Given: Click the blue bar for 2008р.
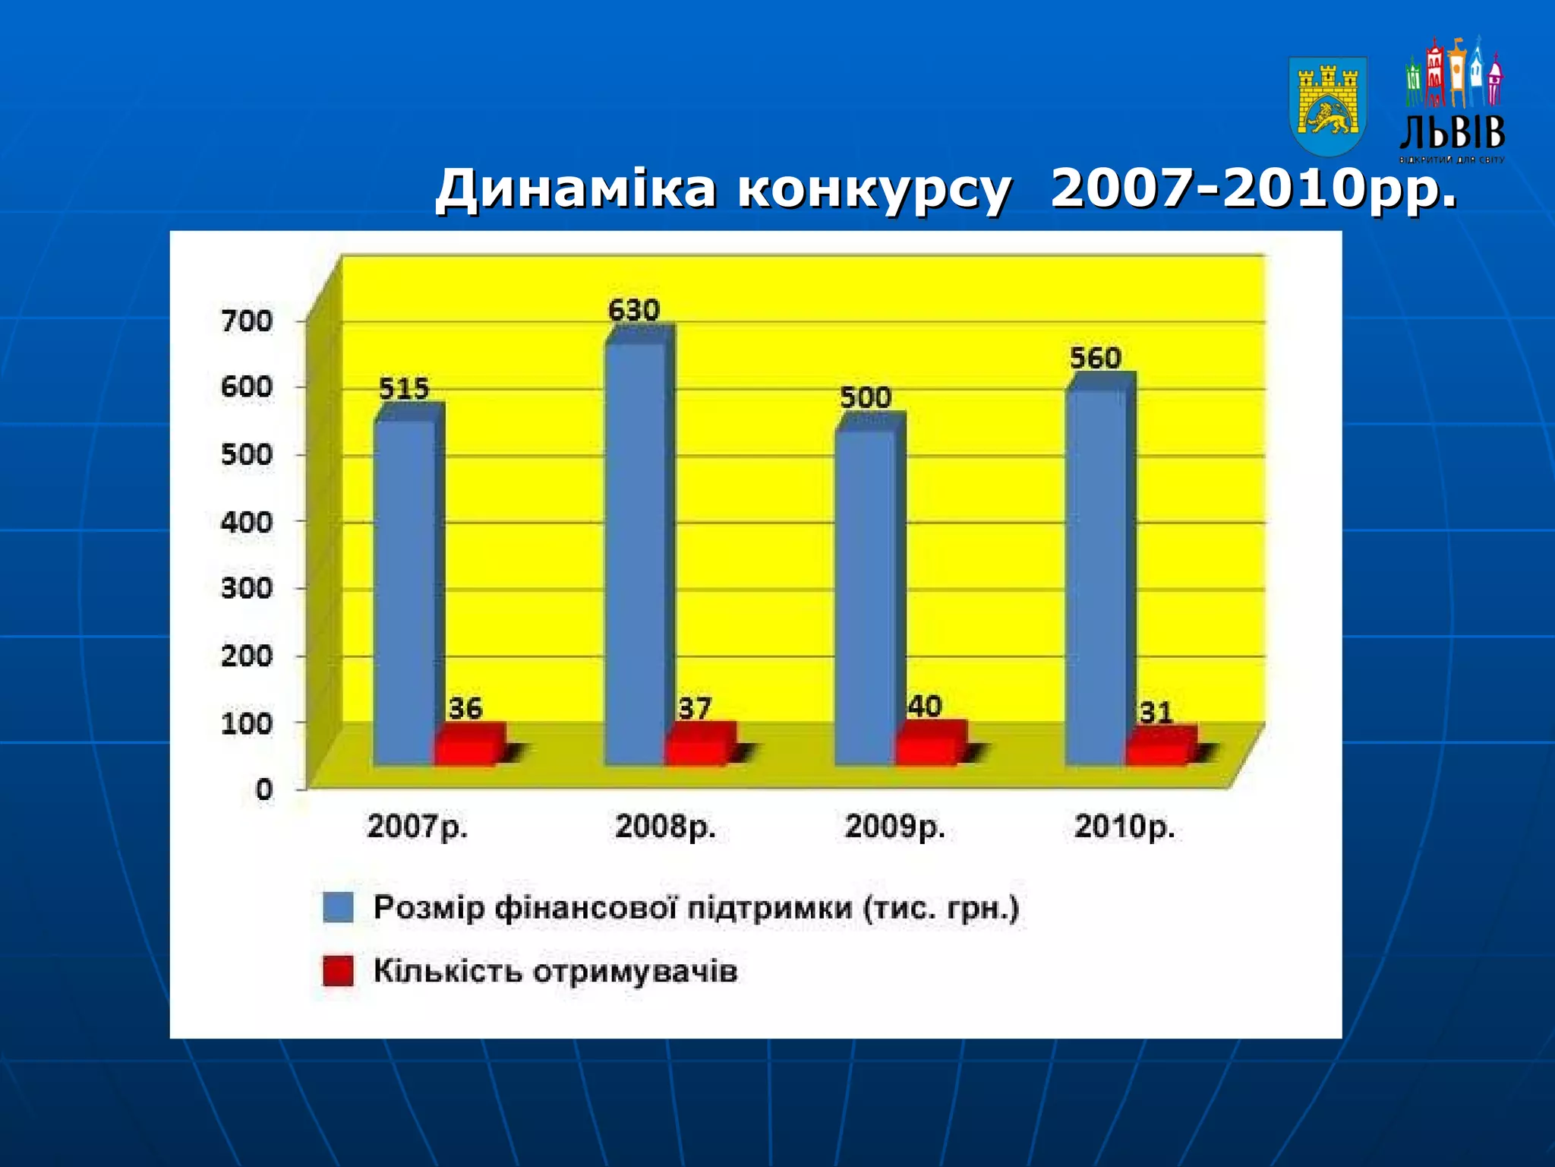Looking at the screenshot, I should coord(635,555).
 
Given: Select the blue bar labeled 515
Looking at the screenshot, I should coord(405,593).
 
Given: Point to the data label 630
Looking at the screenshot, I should coord(633,310).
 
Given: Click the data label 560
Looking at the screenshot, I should coord(1095,358).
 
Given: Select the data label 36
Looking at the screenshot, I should coord(465,708).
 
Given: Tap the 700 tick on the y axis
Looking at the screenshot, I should coord(247,321).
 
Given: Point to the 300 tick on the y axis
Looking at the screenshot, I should coord(247,588).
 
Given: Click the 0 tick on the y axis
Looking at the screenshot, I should coord(263,789).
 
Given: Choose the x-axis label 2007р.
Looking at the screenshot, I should coord(417,827).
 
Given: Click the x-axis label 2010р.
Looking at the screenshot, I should coord(1124,827).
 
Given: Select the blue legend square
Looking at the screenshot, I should coord(338,907).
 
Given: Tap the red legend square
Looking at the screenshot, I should coord(338,970).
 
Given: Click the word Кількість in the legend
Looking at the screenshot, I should coord(447,971).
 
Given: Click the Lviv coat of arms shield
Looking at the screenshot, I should coord(1328,106).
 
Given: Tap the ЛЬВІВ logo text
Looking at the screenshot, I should coord(1452,133).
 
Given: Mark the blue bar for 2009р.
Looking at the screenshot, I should coord(866,596).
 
